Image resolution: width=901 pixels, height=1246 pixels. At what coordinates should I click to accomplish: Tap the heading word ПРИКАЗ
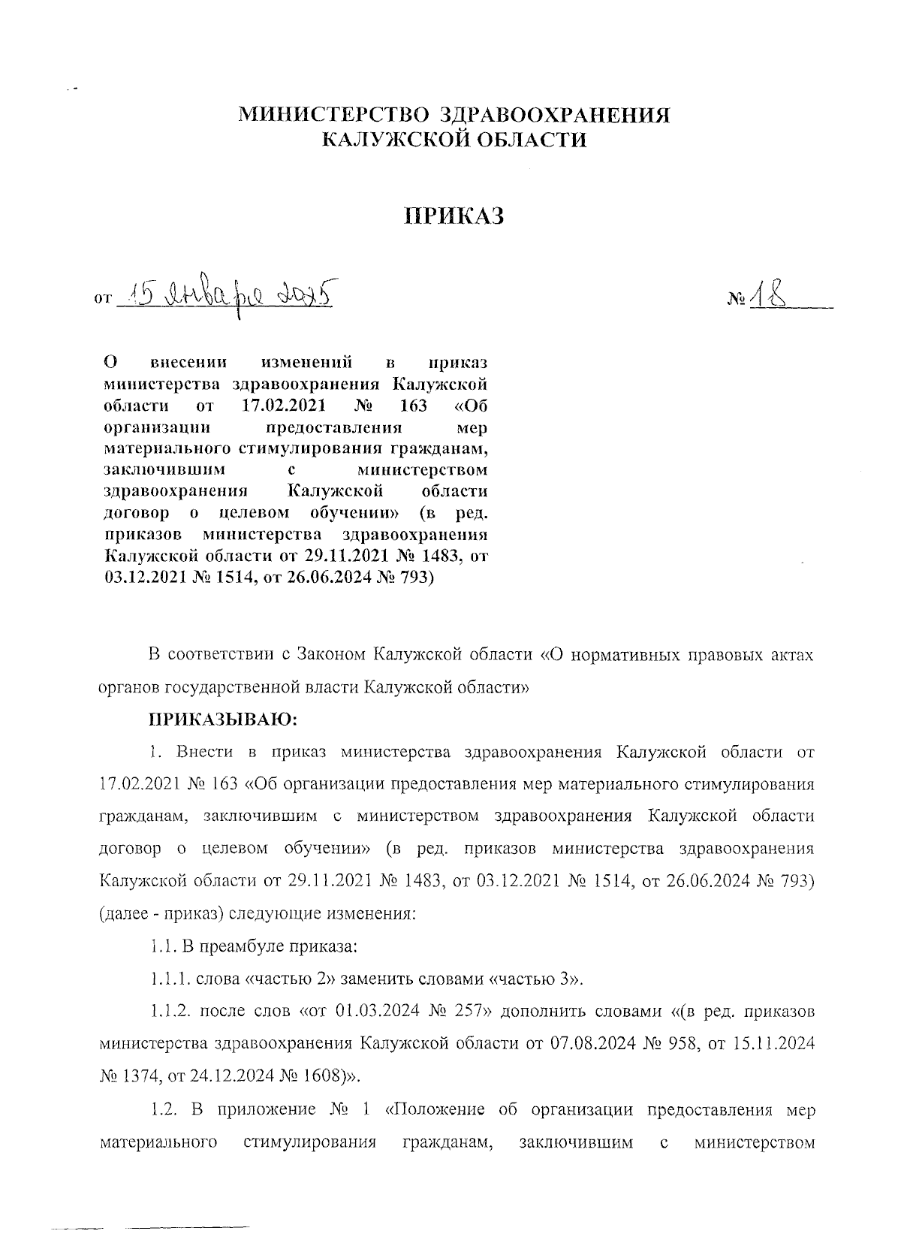pos(453,216)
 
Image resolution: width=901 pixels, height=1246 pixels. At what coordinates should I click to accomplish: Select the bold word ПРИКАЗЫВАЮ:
pos(223,720)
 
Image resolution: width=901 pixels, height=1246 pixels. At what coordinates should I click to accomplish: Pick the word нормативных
pos(630,654)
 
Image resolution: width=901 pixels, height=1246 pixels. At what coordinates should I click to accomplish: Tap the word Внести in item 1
pos(197,752)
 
